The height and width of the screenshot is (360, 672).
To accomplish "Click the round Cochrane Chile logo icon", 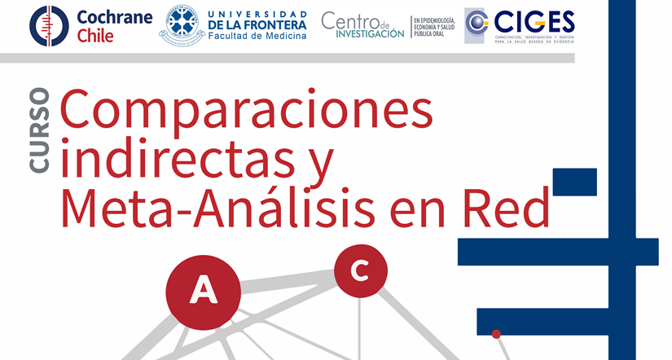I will (49, 25).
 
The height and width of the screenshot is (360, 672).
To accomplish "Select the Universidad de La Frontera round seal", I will (182, 25).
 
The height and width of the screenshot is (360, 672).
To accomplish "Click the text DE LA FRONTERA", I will (257, 24).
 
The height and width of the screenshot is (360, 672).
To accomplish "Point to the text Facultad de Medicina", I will (257, 37).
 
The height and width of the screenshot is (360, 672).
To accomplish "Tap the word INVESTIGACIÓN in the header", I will (363, 33).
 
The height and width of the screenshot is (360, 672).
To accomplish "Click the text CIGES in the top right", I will (534, 20).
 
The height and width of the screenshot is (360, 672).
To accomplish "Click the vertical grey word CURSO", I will (39, 131).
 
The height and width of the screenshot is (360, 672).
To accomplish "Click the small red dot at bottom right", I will (496, 333).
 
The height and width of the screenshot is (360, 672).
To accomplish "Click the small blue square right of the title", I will (574, 181).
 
